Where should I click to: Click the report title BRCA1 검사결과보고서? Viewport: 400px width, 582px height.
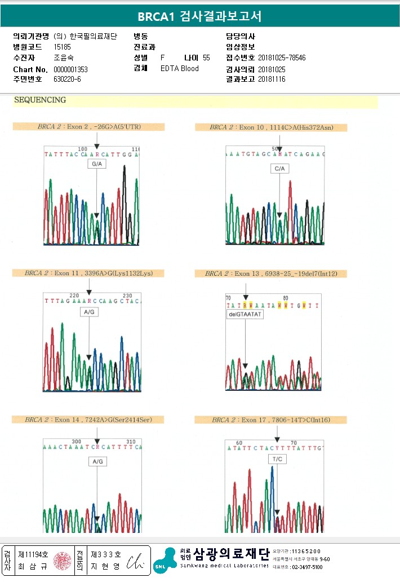point(200,16)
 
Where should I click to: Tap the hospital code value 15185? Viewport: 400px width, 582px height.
point(62,47)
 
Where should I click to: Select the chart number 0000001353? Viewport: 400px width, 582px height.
point(70,69)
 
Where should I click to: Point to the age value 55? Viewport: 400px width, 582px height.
point(206,58)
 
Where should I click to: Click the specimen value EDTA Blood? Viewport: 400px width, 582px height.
point(180,69)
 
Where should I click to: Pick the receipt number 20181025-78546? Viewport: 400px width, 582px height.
point(282,58)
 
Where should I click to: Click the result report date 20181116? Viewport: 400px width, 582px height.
point(272,80)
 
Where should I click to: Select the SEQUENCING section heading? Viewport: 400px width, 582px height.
point(40,100)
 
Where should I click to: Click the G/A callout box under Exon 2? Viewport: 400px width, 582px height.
point(96,164)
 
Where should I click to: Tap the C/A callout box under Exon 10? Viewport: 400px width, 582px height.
point(279,168)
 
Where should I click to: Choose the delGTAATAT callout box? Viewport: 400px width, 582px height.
point(245,314)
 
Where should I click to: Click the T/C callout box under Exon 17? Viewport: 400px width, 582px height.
point(278,459)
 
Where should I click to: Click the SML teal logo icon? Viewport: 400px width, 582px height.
point(165,559)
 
